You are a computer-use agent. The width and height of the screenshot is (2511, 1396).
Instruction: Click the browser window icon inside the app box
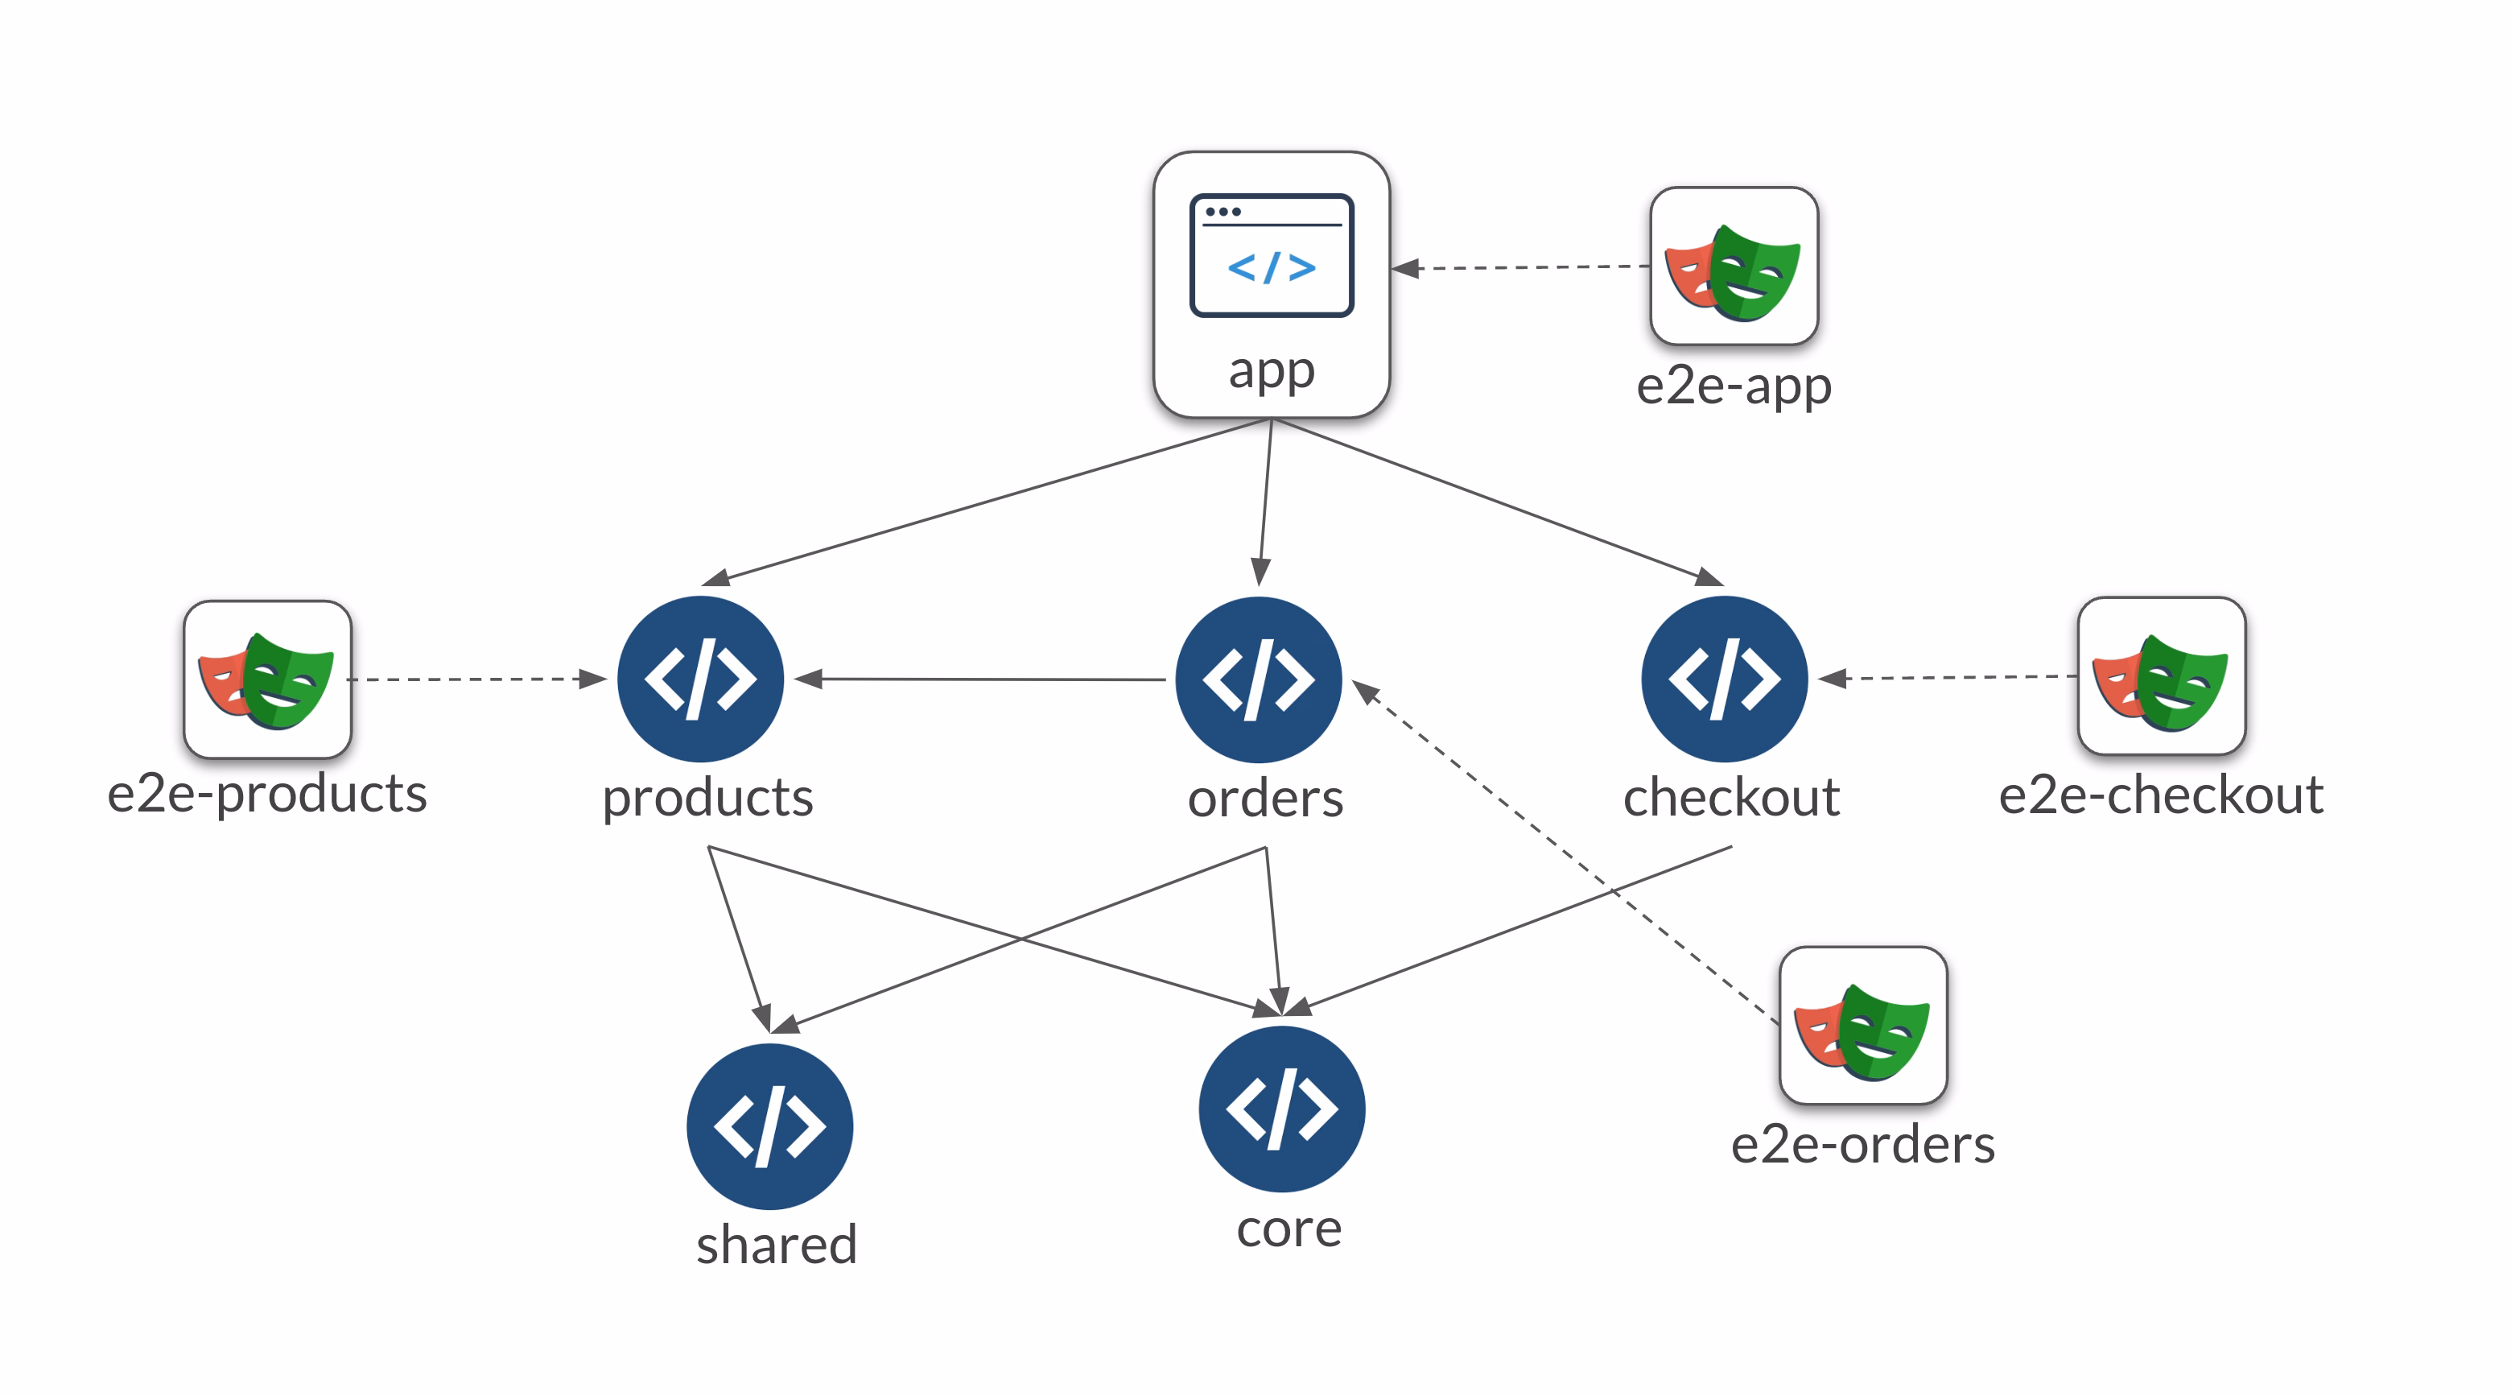tap(1271, 255)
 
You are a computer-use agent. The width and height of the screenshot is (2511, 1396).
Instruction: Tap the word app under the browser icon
tap(1271, 370)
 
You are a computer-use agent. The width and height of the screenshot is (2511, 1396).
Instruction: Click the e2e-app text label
tap(1733, 386)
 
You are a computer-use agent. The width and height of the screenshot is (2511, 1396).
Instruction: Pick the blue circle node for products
tap(700, 679)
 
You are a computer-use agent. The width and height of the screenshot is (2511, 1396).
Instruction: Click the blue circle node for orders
tap(1259, 679)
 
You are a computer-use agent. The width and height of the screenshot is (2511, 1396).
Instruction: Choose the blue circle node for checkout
tap(1725, 679)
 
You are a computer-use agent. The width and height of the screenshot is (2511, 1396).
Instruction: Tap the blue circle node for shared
tap(769, 1126)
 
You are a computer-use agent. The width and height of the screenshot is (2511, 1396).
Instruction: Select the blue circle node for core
tap(1282, 1109)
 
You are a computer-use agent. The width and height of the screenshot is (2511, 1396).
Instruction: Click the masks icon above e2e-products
tap(267, 679)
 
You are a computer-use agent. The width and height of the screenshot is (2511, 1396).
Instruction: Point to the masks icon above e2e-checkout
tap(2161, 676)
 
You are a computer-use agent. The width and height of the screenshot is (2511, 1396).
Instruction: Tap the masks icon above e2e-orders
tap(1863, 1026)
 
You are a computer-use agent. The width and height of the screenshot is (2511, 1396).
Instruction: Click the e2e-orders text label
tap(1863, 1145)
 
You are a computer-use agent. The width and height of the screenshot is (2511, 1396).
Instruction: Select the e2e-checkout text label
tap(2160, 795)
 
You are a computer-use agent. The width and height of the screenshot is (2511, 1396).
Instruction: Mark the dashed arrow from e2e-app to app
tap(1520, 266)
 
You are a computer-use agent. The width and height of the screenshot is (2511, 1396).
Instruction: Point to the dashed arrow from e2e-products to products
tap(477, 679)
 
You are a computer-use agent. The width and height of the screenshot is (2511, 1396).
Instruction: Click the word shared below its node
tap(776, 1245)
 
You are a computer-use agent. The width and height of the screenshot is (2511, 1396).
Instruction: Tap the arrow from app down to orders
tap(1265, 502)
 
